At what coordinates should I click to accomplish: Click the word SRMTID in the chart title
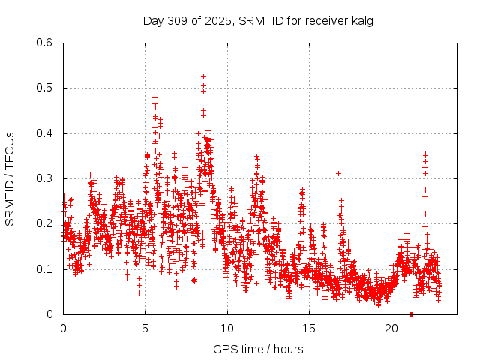[x=259, y=20]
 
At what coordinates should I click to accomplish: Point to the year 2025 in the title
[x=217, y=20]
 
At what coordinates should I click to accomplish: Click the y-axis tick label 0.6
[x=46, y=43]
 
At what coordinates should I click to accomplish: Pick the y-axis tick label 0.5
[x=46, y=88]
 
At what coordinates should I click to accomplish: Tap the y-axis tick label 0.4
[x=46, y=133]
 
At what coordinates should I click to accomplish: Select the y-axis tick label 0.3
[x=46, y=178]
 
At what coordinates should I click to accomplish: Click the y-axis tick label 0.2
[x=46, y=223]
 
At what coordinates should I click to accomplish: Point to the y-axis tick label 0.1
[x=46, y=269]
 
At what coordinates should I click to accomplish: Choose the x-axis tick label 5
[x=145, y=328]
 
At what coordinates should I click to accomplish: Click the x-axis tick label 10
[x=227, y=328]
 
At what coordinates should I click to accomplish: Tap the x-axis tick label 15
[x=310, y=328]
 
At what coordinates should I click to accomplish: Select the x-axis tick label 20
[x=391, y=328]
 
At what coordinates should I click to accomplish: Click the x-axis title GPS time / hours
[x=258, y=349]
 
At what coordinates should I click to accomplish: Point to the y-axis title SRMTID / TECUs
[x=10, y=178]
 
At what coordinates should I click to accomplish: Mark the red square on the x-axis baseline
[x=411, y=314]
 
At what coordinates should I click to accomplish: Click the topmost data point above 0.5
[x=203, y=76]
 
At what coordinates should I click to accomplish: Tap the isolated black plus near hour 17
[x=338, y=173]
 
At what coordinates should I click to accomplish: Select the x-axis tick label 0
[x=63, y=328]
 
